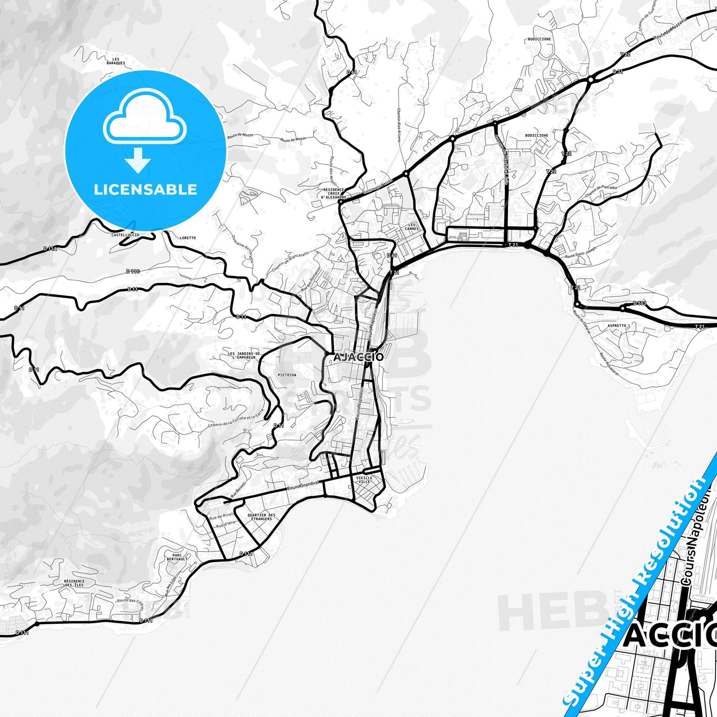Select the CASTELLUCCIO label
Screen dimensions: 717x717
[x=126, y=235]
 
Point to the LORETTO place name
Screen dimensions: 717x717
[x=188, y=238]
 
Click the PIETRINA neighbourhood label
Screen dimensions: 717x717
[x=287, y=375]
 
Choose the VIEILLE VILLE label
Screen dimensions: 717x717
[x=364, y=479]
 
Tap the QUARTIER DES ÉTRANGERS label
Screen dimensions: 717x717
[x=261, y=517]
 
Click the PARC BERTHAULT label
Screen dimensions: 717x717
[x=177, y=557]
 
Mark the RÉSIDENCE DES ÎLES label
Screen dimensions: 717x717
[x=74, y=583]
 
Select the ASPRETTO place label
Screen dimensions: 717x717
[x=617, y=326]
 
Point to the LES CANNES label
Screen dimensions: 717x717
[x=411, y=227]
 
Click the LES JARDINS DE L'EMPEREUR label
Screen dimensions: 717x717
[x=244, y=355]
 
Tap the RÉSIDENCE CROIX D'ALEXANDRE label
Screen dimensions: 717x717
[x=333, y=194]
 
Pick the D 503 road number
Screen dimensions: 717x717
[x=640, y=303]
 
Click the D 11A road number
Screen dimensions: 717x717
[x=50, y=249]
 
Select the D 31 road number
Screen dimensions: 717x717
[x=618, y=72]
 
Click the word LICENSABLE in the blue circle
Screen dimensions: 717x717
[x=145, y=190]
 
